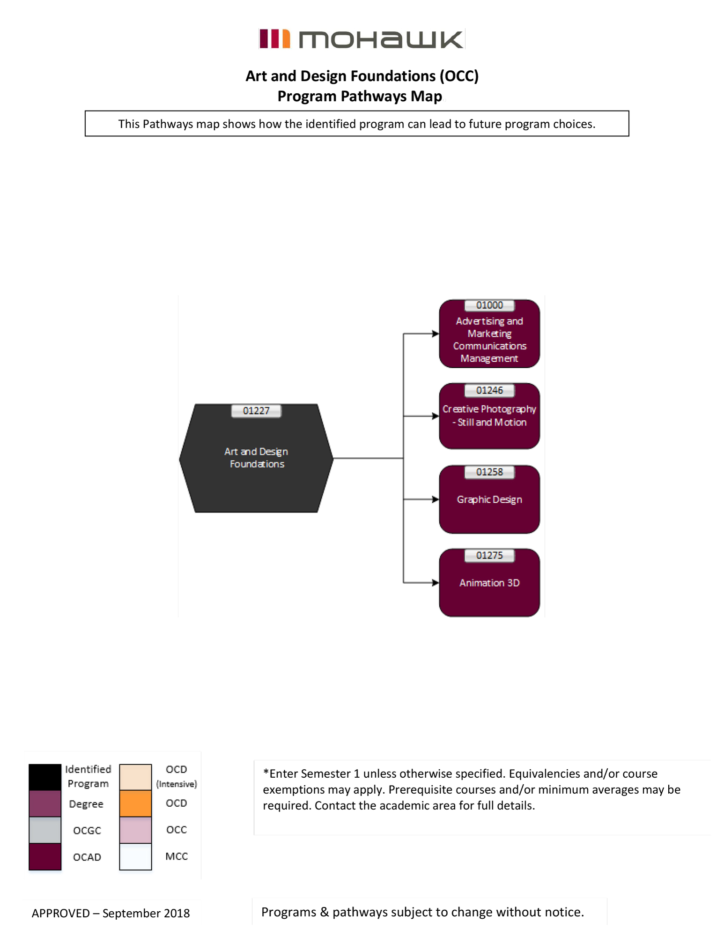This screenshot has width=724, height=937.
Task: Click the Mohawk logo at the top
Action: pyautogui.click(x=362, y=39)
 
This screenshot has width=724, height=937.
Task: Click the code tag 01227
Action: pyautogui.click(x=256, y=411)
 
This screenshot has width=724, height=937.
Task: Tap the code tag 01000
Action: pyautogui.click(x=489, y=305)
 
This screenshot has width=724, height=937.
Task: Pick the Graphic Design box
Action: pyautogui.click(x=489, y=504)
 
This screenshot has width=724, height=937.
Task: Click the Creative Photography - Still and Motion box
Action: pyautogui.click(x=489, y=419)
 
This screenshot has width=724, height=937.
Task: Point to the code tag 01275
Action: pyautogui.click(x=489, y=556)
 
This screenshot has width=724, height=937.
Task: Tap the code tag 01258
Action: pyautogui.click(x=489, y=472)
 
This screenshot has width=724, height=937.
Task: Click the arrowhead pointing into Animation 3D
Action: pyautogui.click(x=436, y=583)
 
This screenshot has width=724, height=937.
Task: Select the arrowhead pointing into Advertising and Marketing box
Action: pyautogui.click(x=436, y=334)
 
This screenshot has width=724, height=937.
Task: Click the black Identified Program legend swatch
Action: pyautogui.click(x=45, y=777)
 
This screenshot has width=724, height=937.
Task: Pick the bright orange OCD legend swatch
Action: pyautogui.click(x=135, y=803)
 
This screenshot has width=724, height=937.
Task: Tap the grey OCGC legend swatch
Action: pyautogui.click(x=45, y=830)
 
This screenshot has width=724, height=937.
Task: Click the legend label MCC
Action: pyautogui.click(x=177, y=856)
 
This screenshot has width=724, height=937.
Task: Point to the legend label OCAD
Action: pyautogui.click(x=87, y=857)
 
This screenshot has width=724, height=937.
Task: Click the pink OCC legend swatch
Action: pyautogui.click(x=135, y=830)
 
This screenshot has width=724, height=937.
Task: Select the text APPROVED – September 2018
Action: pyautogui.click(x=111, y=913)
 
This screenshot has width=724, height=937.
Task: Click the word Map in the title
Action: pyautogui.click(x=426, y=96)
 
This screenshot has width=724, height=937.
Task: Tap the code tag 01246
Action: pyautogui.click(x=489, y=390)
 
